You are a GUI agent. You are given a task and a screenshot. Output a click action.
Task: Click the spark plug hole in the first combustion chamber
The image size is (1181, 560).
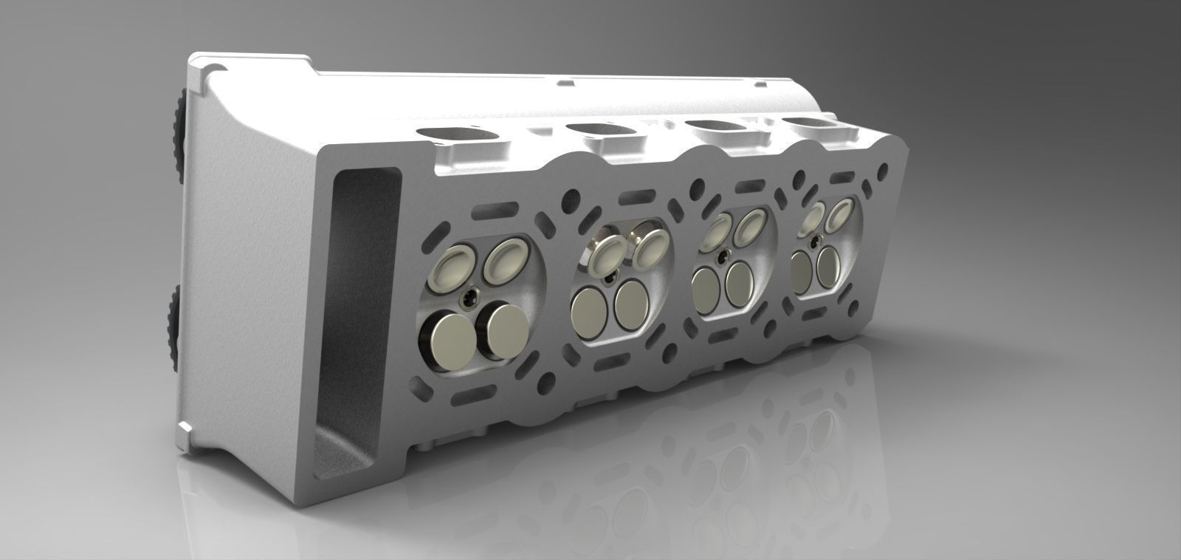(x=469, y=298)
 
